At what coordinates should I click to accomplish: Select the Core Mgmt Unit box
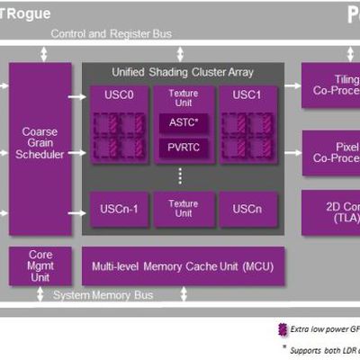pos(40,266)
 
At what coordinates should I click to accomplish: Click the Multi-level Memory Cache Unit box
pos(183,266)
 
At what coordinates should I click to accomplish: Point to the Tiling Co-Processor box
pos(329,85)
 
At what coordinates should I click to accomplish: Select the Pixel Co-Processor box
pos(329,153)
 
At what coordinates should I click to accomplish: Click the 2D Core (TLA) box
pos(329,212)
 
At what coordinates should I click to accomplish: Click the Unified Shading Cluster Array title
pos(183,72)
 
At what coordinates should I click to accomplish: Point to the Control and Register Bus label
pos(111,33)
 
